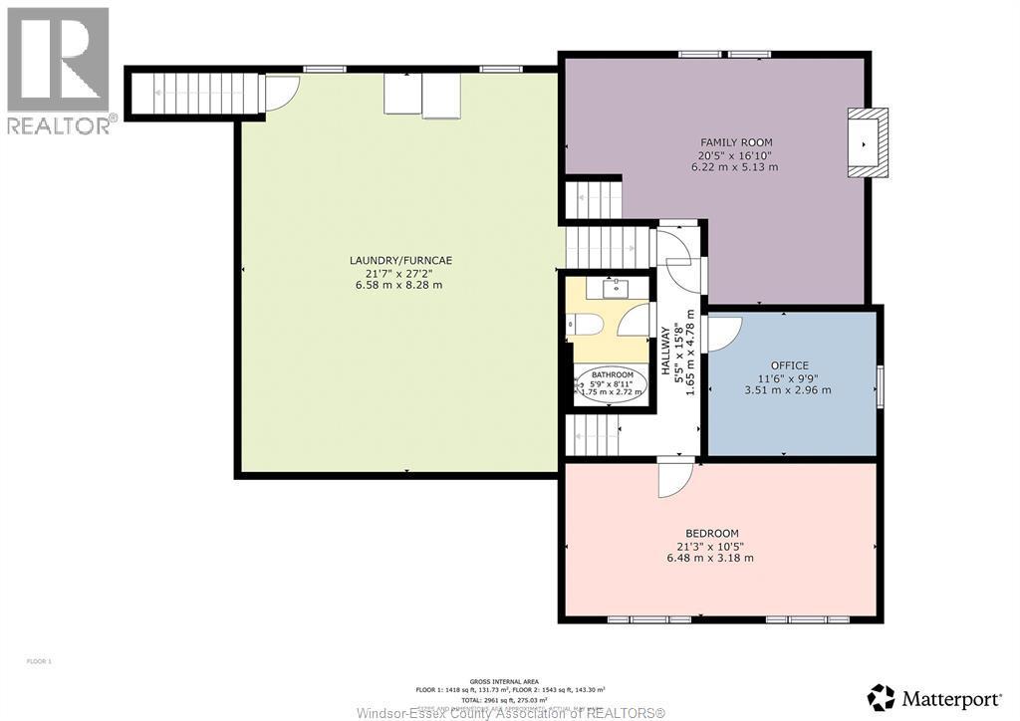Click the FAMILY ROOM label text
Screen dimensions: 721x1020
coord(735,142)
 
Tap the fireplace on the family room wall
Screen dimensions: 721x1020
coord(862,143)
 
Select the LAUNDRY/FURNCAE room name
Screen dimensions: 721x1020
coord(400,261)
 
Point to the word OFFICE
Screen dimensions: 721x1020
coord(789,365)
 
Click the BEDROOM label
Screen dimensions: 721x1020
coord(711,533)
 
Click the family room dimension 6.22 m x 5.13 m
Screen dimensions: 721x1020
coord(735,167)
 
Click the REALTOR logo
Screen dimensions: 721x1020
coord(58,70)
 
